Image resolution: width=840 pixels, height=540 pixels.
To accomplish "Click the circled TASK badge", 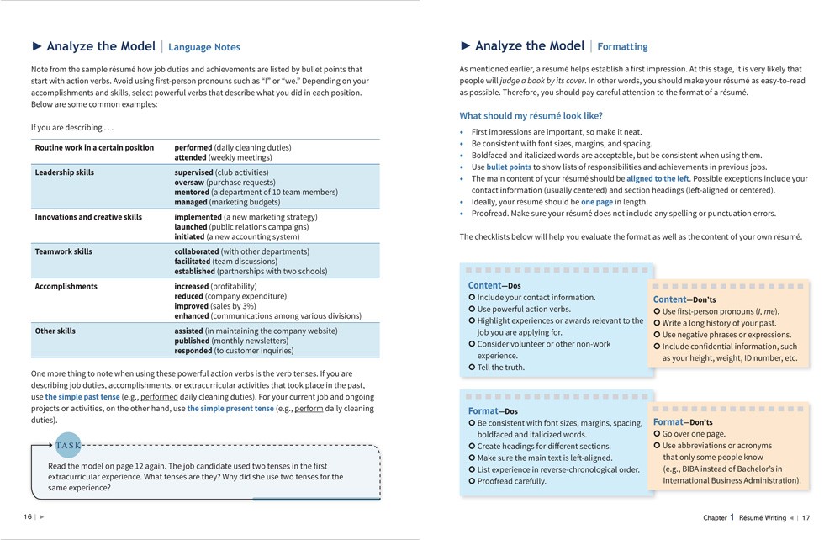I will [69, 446].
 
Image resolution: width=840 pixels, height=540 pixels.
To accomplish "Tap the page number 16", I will [28, 517].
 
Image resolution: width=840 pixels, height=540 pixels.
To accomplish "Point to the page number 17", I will [806, 517].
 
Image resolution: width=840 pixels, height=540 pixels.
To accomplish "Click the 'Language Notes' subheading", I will [204, 48].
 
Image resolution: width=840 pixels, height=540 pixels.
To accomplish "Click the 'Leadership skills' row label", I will [65, 172].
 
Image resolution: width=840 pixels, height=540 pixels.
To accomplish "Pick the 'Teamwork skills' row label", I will [63, 251].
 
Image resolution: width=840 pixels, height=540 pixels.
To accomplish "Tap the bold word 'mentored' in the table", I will [193, 193].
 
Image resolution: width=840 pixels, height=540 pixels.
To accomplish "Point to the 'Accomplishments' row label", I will [66, 286].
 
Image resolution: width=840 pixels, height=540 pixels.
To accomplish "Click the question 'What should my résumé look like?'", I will [531, 116].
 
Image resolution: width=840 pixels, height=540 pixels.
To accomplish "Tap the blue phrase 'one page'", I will [598, 202].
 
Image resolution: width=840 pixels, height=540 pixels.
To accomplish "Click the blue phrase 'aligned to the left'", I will [658, 179].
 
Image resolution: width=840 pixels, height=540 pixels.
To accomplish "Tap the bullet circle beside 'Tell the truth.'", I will [472, 368].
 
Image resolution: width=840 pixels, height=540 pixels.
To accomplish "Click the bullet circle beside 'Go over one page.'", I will [658, 434].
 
